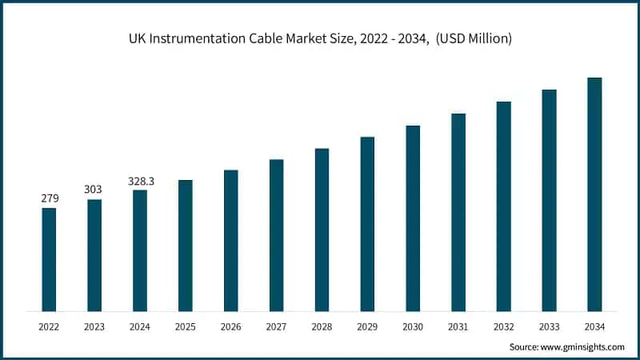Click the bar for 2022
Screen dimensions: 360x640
(49, 259)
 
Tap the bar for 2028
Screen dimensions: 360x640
(322, 230)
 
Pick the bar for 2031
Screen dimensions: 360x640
(458, 212)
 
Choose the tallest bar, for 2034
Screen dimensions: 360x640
(594, 194)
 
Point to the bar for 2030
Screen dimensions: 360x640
(413, 218)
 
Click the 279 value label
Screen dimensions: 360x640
(49, 198)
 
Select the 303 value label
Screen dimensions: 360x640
(94, 190)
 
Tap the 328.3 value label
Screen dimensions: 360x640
(140, 181)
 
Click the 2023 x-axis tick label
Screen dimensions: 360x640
(94, 326)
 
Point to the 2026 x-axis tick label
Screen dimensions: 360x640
(230, 326)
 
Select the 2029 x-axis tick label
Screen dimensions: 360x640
(367, 326)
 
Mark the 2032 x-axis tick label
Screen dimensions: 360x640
(503, 326)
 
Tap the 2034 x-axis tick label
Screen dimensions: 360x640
(594, 326)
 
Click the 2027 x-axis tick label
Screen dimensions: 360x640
(276, 326)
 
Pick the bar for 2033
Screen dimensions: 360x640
(549, 200)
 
